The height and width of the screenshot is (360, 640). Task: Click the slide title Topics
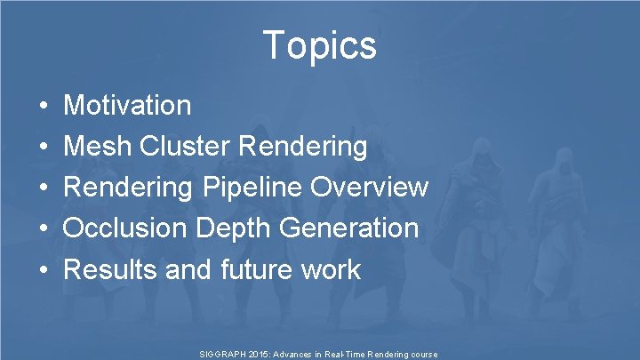[320, 44]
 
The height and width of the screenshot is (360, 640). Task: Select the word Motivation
[127, 106]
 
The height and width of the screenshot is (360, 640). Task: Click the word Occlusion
[124, 228]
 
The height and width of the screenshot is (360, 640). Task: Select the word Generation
[348, 228]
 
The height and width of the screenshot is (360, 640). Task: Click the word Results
[111, 269]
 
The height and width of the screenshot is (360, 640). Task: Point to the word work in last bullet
[333, 269]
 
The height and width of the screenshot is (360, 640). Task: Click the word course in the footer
[422, 354]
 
